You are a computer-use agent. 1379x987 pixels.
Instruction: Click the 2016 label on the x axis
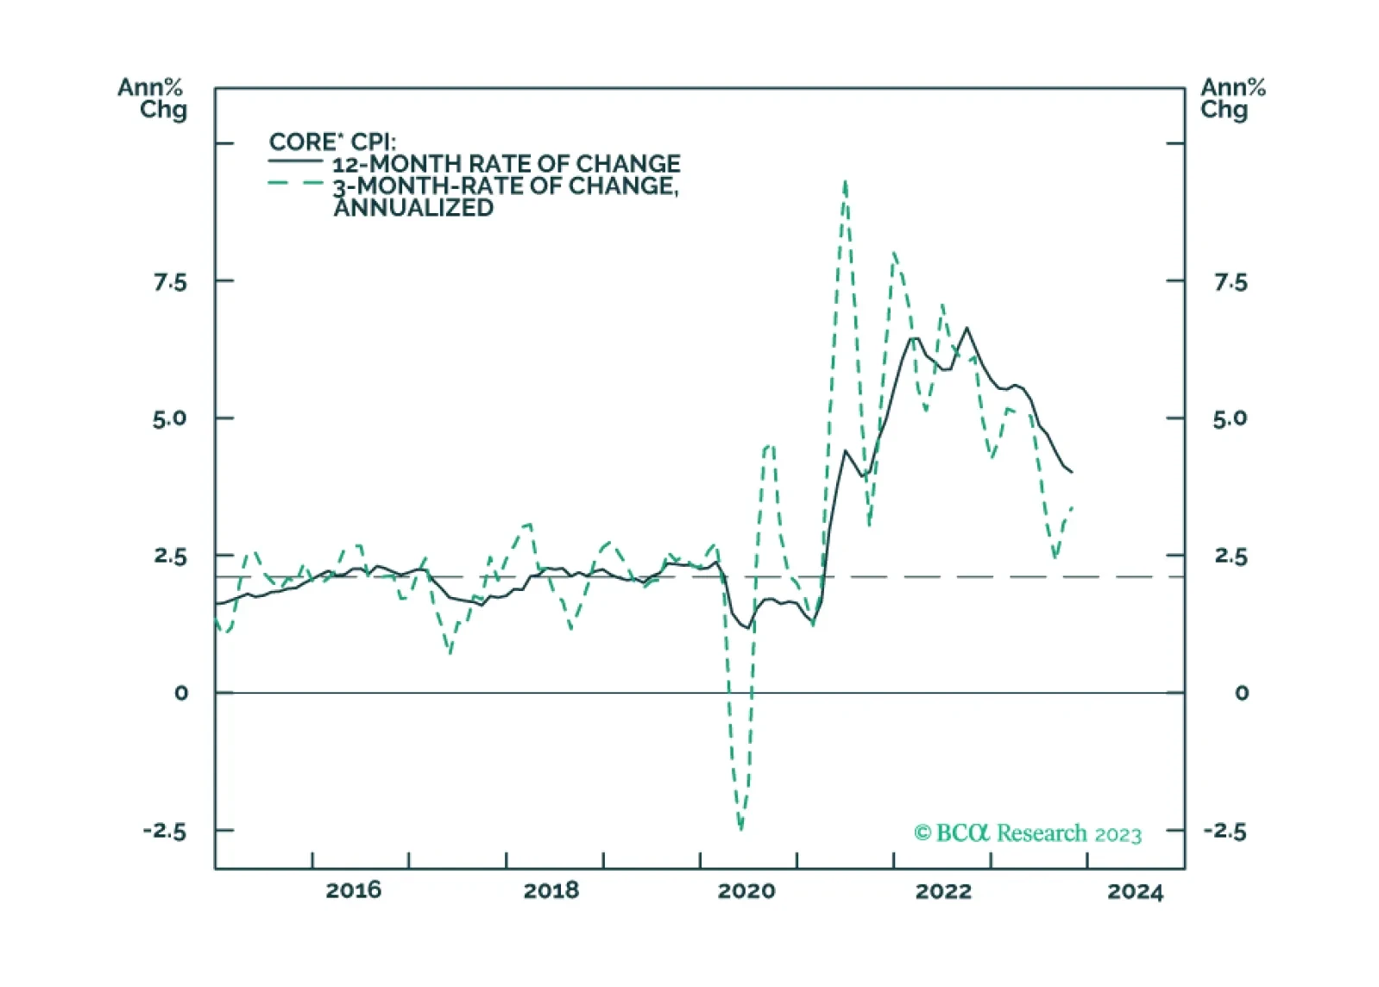tap(353, 891)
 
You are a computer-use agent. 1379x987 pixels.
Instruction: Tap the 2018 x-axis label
tap(551, 891)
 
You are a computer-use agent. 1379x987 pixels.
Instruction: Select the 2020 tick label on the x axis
tap(746, 891)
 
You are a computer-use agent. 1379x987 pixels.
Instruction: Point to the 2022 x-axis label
tap(943, 891)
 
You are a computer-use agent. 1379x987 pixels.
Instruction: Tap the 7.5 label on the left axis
tap(170, 283)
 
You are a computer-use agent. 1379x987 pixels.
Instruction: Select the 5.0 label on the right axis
tap(1230, 419)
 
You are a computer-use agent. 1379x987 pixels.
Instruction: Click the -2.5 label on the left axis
tap(165, 832)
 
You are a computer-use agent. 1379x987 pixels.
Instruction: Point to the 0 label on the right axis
tap(1241, 693)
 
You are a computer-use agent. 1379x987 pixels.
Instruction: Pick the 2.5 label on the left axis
tap(170, 556)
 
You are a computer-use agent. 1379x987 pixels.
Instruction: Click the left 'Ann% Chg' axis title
tap(152, 98)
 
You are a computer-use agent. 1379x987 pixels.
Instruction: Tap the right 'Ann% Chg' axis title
tap(1232, 98)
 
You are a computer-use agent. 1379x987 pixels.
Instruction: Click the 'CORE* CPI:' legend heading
tap(332, 142)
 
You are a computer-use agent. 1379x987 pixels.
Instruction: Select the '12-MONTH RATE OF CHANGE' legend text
tap(507, 164)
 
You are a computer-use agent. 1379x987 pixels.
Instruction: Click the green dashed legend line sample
tap(295, 183)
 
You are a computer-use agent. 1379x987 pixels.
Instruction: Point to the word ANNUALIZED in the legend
tap(413, 208)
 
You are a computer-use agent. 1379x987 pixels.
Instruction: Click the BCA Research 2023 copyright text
tap(1028, 833)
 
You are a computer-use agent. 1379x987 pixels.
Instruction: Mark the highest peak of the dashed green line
tap(845, 182)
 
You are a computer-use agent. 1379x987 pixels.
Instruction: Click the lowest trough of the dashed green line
tap(740, 828)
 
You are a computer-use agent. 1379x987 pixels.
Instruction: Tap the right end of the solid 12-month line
tap(1072, 472)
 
